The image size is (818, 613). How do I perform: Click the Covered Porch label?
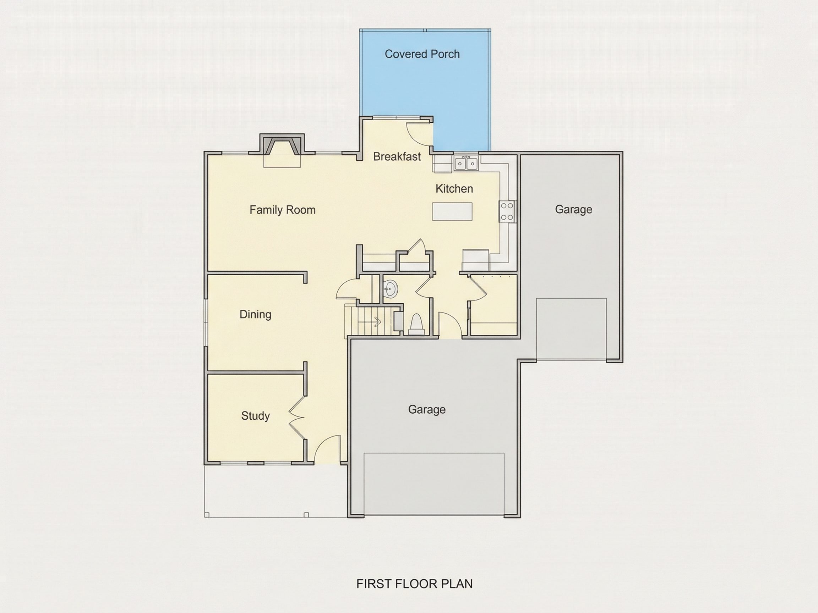pyautogui.click(x=422, y=54)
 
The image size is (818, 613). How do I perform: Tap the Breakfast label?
pyautogui.click(x=397, y=157)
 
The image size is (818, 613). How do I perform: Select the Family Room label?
pyautogui.click(x=283, y=210)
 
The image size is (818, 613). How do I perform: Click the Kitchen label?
pyautogui.click(x=454, y=189)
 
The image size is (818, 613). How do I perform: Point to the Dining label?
pyautogui.click(x=256, y=314)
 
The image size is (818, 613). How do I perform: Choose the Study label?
pyautogui.click(x=256, y=416)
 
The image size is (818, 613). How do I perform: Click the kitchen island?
pyautogui.click(x=452, y=211)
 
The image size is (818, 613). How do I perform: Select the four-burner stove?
pyautogui.click(x=507, y=212)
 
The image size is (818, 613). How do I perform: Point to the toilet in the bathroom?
pyautogui.click(x=416, y=324)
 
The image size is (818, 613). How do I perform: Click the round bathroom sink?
pyautogui.click(x=390, y=288)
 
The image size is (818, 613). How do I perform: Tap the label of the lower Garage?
pyautogui.click(x=427, y=409)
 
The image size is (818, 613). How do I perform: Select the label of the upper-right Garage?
pyautogui.click(x=574, y=210)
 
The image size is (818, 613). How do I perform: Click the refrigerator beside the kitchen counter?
pyautogui.click(x=476, y=260)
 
